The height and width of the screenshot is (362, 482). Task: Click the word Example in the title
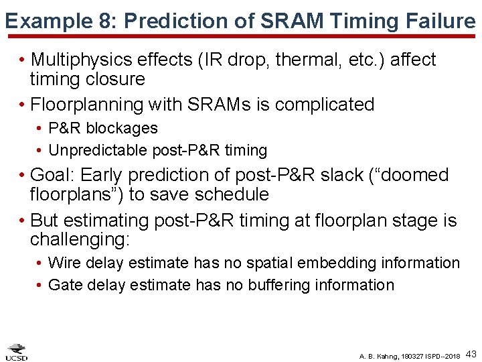[x=45, y=21]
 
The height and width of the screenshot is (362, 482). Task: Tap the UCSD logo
[x=17, y=352]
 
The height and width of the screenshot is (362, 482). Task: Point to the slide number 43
[x=471, y=353]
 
